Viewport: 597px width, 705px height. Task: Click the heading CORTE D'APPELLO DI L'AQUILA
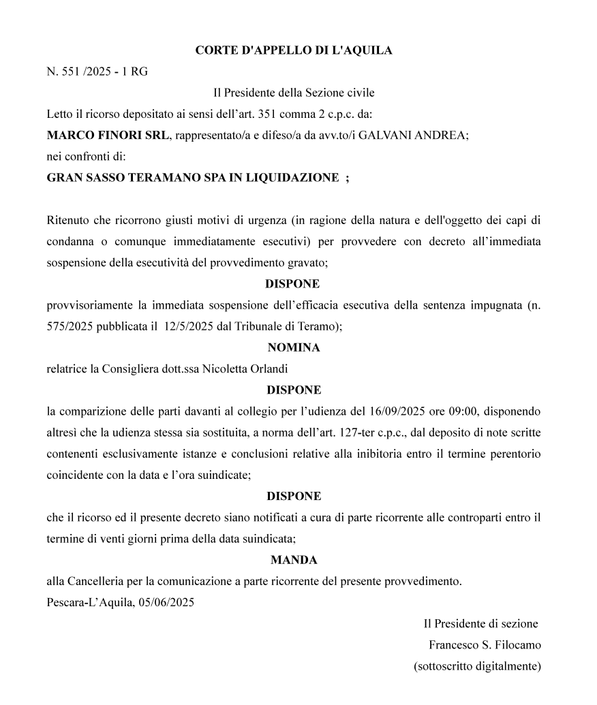point(293,50)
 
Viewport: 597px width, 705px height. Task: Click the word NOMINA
point(294,347)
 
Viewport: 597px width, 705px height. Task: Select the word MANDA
point(294,561)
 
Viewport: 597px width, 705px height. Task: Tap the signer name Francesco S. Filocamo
point(485,644)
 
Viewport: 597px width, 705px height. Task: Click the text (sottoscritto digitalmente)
point(478,666)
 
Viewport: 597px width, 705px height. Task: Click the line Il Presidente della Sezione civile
point(294,93)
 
